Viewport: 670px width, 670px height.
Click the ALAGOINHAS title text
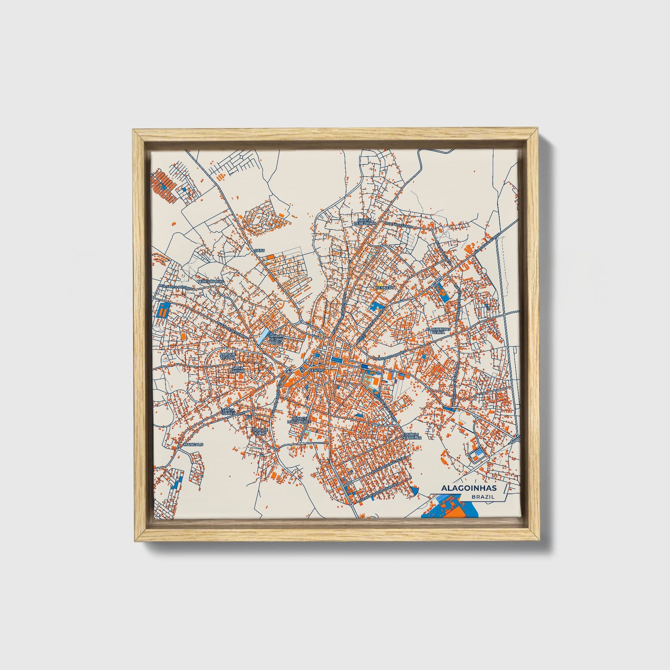[469, 488]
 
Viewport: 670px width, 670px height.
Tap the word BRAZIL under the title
[483, 497]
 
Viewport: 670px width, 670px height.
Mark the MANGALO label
[193, 444]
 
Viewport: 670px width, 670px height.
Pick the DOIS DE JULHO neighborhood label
[260, 432]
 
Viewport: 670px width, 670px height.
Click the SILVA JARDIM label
[238, 369]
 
